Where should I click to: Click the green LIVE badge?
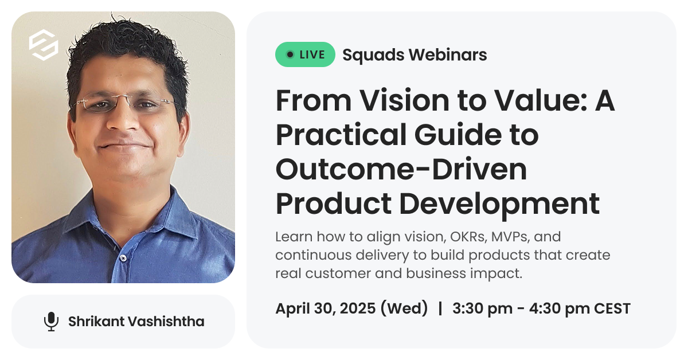point(305,54)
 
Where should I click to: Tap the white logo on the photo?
point(44,45)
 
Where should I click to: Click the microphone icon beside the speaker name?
point(51,321)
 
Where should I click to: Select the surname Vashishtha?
point(166,321)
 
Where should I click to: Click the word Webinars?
point(448,54)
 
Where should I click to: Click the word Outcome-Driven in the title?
point(401,169)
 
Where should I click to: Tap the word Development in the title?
point(499,204)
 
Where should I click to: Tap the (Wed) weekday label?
point(404,308)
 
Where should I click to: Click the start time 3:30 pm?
point(483,309)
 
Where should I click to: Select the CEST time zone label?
point(612,309)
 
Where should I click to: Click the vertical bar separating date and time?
point(440,308)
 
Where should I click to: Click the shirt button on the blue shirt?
point(123,258)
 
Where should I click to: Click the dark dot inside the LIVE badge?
point(290,54)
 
